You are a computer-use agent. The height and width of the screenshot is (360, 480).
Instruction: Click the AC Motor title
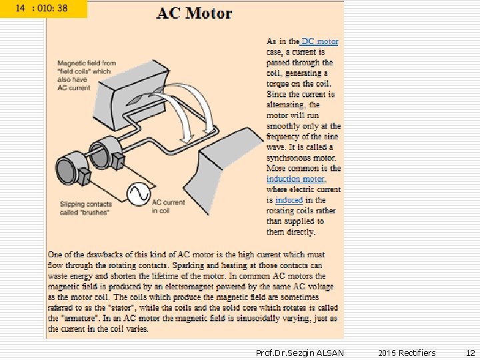(x=195, y=13)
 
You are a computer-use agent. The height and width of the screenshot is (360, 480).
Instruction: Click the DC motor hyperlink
(x=320, y=41)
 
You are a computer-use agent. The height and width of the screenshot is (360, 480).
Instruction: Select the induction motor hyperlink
(x=295, y=179)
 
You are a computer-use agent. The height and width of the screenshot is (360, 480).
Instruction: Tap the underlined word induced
(x=289, y=199)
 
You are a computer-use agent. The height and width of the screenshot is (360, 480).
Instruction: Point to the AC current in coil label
(x=168, y=206)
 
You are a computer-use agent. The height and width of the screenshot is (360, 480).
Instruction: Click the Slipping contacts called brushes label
(x=85, y=208)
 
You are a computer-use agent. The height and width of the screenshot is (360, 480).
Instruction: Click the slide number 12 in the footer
(x=470, y=353)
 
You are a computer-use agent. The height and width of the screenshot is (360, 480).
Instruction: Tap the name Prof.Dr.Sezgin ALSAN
(x=299, y=353)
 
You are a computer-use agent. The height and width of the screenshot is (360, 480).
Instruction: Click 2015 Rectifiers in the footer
(x=407, y=353)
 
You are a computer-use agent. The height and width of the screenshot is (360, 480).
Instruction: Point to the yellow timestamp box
(x=43, y=9)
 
